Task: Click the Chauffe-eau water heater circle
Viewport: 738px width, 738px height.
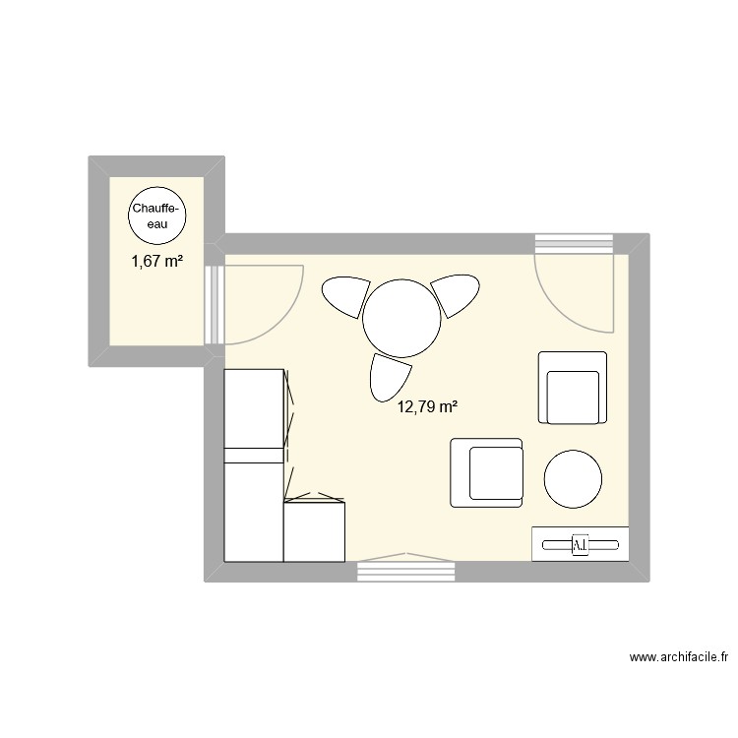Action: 156,215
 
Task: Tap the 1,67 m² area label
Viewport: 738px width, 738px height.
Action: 157,261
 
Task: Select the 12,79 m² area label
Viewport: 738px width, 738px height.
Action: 428,406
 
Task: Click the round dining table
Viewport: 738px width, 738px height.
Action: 401,318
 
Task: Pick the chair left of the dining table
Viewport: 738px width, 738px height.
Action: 345,296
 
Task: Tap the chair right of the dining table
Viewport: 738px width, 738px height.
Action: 457,295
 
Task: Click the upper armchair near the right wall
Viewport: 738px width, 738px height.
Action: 573,388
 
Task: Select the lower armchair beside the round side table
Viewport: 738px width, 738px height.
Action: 487,472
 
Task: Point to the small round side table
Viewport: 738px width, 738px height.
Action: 573,479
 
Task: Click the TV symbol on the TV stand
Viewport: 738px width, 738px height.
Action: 581,545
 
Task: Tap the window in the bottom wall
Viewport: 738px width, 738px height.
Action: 406,572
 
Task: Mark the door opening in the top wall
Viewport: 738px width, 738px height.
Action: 575,244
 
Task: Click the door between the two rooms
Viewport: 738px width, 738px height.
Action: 215,304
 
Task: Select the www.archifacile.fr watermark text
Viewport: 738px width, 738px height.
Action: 679,657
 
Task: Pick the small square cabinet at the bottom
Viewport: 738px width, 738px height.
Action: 315,531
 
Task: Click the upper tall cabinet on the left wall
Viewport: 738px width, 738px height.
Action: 254,408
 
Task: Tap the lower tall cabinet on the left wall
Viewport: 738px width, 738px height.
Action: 254,512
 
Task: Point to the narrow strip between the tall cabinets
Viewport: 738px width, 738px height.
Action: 254,456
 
